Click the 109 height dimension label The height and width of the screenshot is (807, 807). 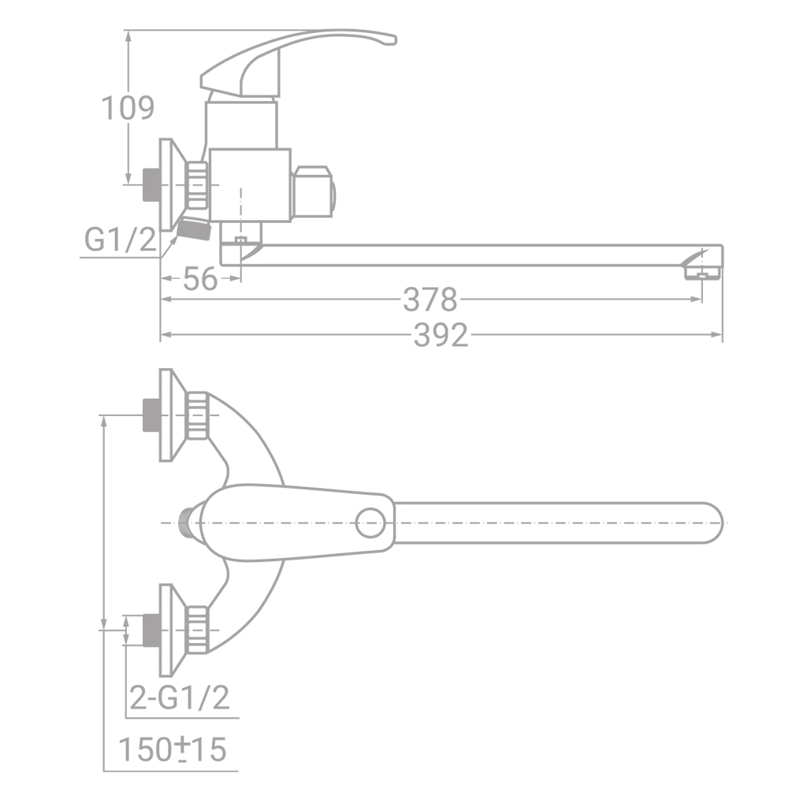point(128,108)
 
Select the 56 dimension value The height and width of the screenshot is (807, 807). point(199,279)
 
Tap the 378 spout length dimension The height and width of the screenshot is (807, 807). point(430,299)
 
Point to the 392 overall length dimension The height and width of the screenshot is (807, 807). point(441,336)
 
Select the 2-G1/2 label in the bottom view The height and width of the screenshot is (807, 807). point(179,697)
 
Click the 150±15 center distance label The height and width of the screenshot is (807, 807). point(172,749)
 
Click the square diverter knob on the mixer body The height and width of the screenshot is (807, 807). point(312,192)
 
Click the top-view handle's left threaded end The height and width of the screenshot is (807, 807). point(187,523)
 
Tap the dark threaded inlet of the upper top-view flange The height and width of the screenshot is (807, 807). point(151,415)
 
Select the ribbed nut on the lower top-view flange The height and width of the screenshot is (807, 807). point(199,630)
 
